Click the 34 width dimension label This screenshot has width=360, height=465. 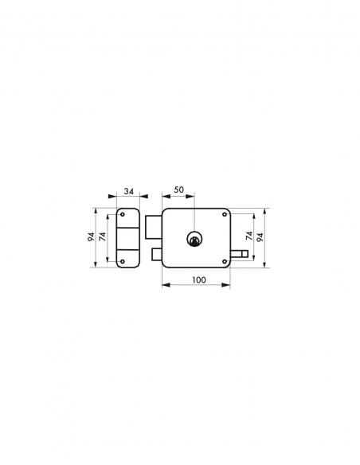(x=127, y=191)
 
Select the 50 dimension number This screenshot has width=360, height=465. (x=178, y=191)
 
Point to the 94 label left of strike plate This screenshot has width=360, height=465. (x=92, y=237)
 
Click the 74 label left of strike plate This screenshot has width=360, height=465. (x=102, y=237)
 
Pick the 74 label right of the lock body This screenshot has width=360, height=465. (x=248, y=237)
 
